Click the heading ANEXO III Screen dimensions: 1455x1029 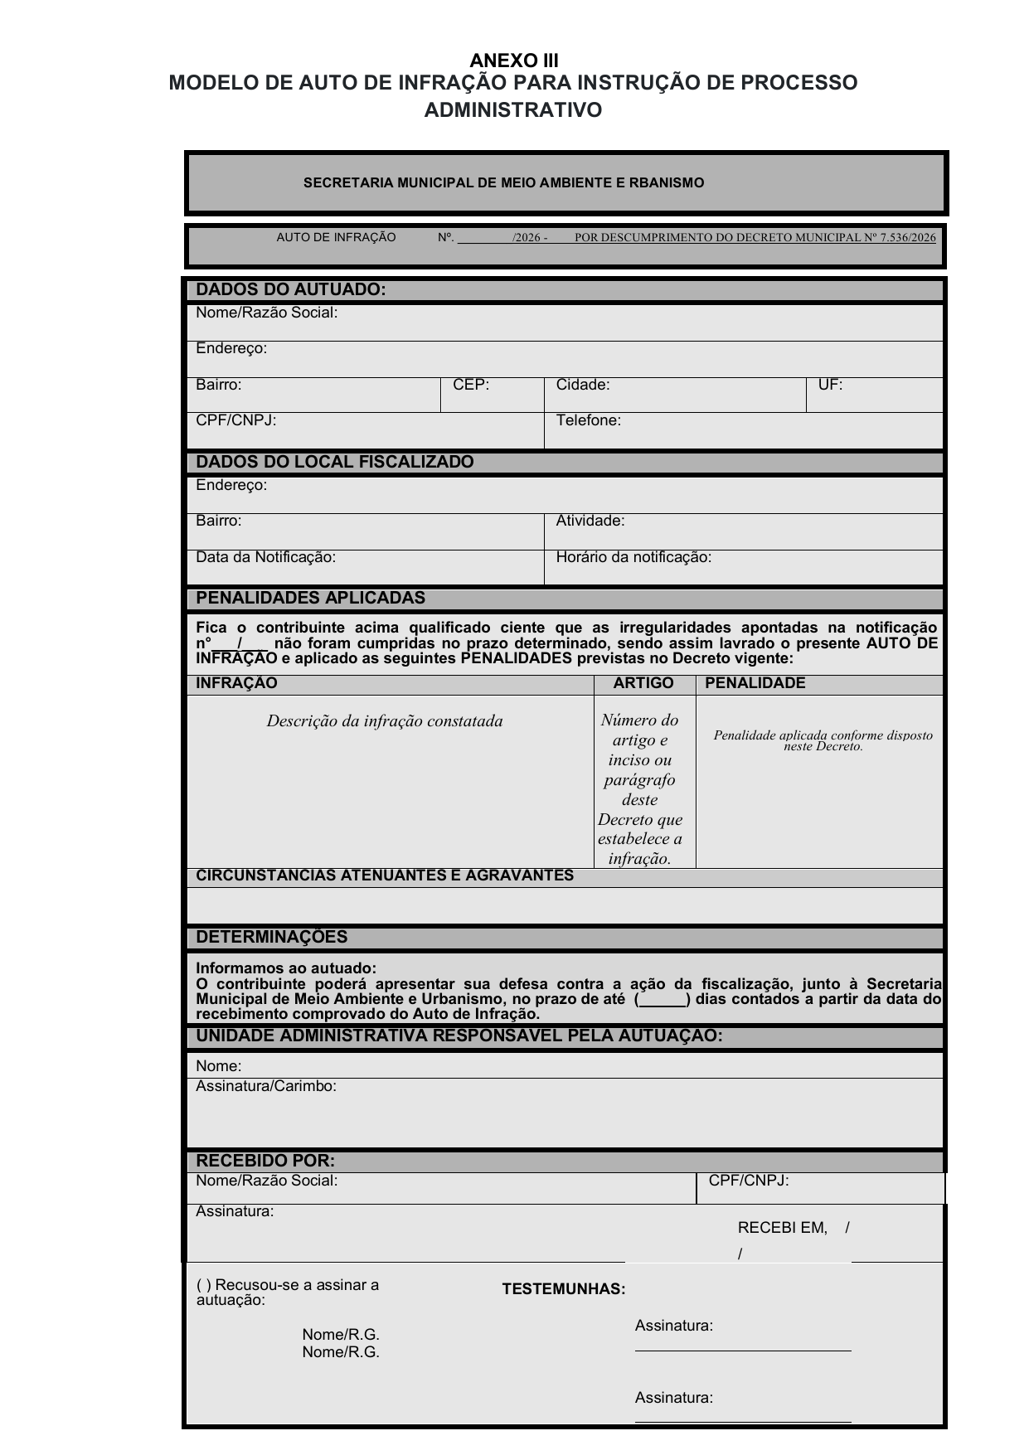click(x=514, y=61)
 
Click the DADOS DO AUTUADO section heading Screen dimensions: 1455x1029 click(x=290, y=289)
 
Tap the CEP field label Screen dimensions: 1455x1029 click(x=471, y=385)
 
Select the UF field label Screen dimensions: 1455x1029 click(x=830, y=385)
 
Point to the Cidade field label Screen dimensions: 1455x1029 click(x=582, y=385)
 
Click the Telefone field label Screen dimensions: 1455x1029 click(x=588, y=420)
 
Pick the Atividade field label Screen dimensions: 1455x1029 click(x=590, y=521)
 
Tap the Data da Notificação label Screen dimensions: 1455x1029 click(x=265, y=557)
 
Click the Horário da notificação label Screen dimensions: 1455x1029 click(x=633, y=557)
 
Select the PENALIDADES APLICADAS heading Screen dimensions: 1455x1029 click(x=310, y=598)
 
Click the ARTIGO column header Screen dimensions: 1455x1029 click(x=643, y=683)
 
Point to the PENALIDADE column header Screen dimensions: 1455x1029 click(x=755, y=683)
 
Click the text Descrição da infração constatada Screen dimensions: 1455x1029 click(x=385, y=721)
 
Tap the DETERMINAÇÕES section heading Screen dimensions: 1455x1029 click(x=271, y=937)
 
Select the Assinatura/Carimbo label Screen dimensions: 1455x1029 click(x=265, y=1086)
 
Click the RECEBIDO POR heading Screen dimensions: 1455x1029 click(x=265, y=1161)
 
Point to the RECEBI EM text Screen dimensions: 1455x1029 click(x=782, y=1228)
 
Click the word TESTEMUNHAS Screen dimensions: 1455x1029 click(x=564, y=1289)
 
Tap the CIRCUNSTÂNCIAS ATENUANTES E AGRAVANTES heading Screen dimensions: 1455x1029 click(x=385, y=875)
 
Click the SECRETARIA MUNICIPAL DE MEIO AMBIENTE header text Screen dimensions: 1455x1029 click(x=503, y=182)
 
